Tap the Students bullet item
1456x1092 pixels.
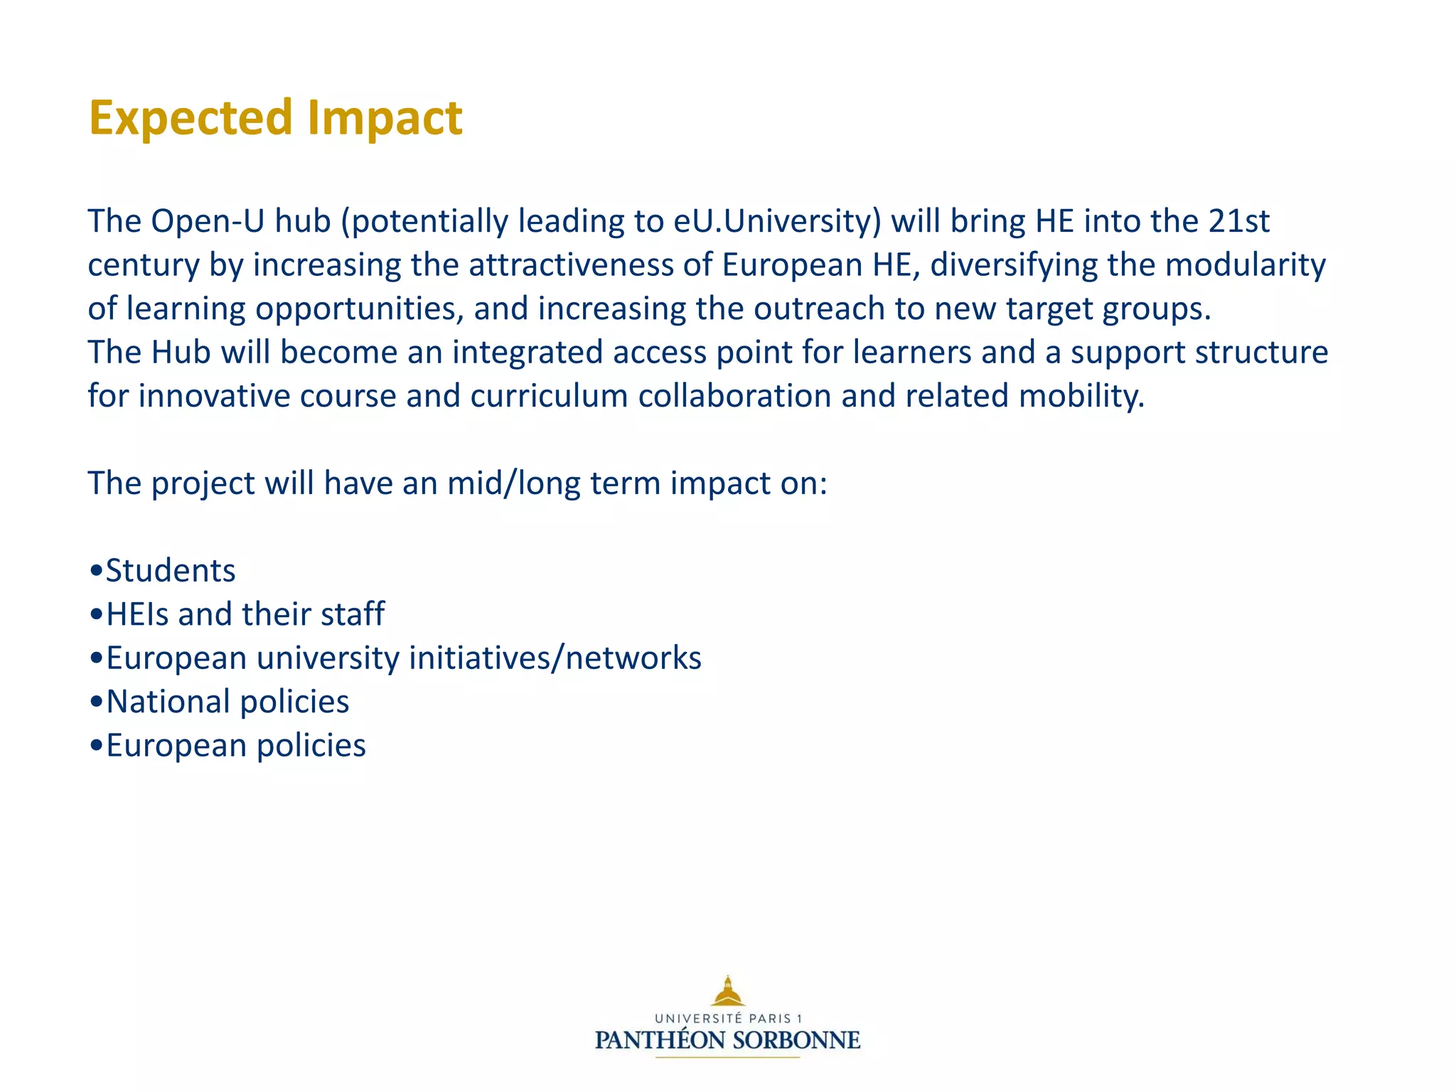coord(170,571)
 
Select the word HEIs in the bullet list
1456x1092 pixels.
coord(137,614)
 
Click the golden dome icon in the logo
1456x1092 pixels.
coord(727,991)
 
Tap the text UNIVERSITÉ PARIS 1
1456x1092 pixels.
coord(728,1019)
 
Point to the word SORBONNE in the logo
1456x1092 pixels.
coord(796,1041)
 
